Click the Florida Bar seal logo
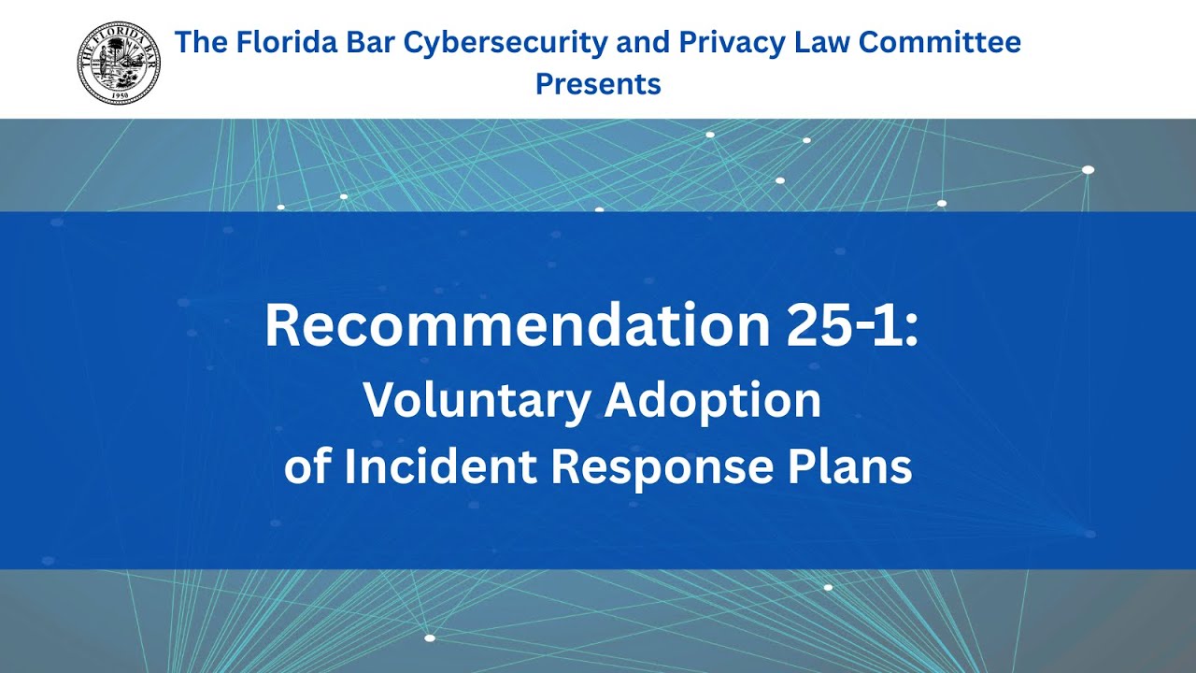coord(119,63)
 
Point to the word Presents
coord(598,84)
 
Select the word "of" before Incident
coord(307,466)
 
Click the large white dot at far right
coord(1088,169)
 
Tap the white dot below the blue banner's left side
coord(430,638)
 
